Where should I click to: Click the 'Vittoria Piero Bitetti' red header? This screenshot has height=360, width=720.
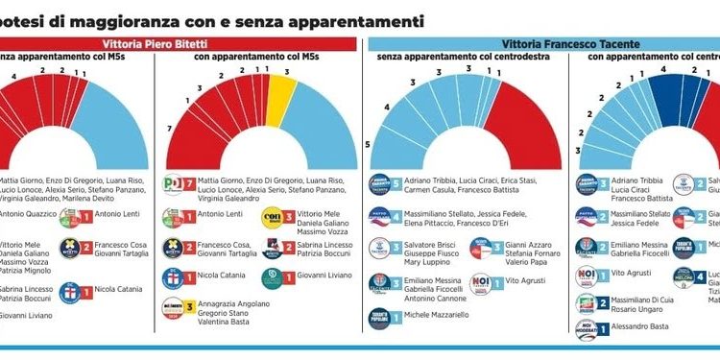point(180,43)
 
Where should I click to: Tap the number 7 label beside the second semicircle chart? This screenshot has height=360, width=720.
point(170,128)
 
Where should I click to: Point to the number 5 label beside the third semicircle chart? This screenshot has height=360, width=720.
point(367,144)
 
